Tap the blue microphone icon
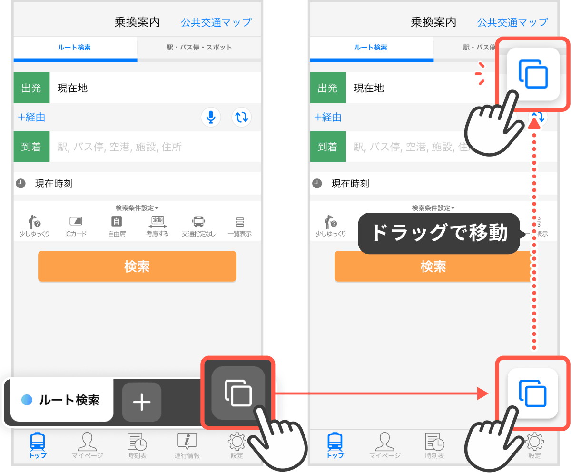[211, 117]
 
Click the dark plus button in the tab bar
[142, 402]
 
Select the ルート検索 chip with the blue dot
[62, 400]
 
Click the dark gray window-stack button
[238, 393]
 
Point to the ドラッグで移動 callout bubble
[439, 233]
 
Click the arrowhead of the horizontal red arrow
[482, 394]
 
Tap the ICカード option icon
[76, 222]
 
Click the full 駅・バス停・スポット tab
[199, 48]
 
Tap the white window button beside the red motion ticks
[532, 74]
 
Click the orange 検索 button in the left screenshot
[137, 266]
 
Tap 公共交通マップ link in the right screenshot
[512, 22]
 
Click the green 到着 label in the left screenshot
[31, 147]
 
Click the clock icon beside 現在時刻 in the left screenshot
[20, 183]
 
